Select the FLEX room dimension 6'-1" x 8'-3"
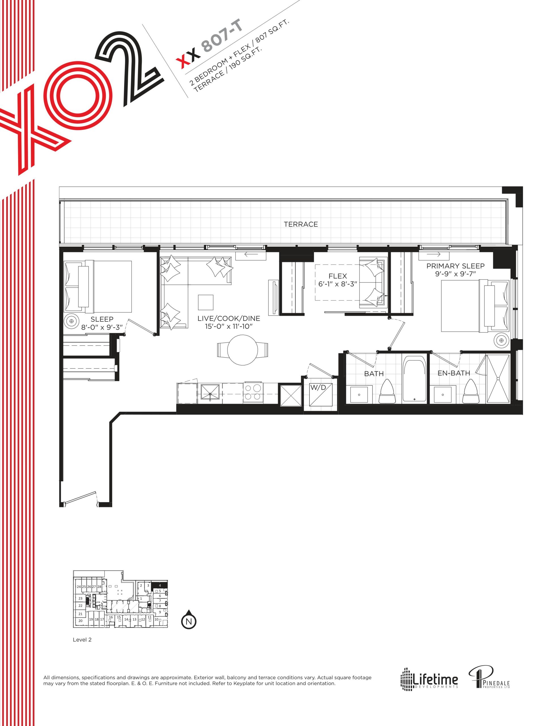tap(337, 284)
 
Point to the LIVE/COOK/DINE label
tap(229, 318)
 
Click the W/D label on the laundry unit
tap(318, 387)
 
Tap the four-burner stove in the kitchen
tap(253, 392)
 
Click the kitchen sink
tap(210, 392)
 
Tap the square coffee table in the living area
tap(206, 302)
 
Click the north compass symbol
tap(189, 621)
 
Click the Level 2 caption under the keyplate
tap(82, 649)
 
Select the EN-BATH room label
tap(454, 373)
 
